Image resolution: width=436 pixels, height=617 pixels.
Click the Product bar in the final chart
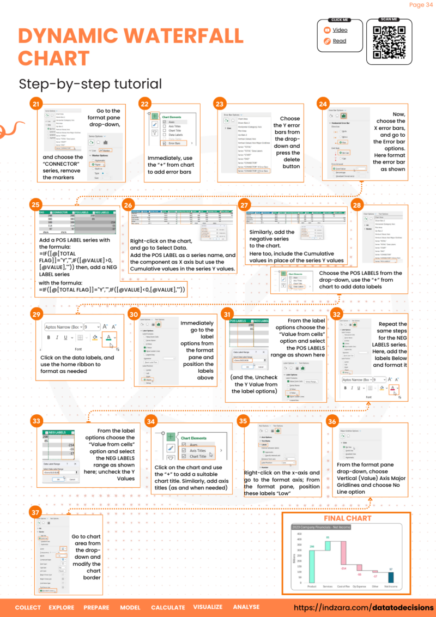pos(312,567)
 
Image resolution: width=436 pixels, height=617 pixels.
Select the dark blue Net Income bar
pos(391,577)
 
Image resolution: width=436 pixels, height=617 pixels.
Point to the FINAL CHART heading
pos(347,518)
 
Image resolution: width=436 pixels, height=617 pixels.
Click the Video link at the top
pos(340,31)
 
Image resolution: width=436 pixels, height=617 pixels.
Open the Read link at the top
pos(340,41)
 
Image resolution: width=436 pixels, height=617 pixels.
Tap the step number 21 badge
pos(37,104)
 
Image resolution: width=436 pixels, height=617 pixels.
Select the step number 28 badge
pos(358,205)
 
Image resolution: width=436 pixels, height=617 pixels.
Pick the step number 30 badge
pos(135,314)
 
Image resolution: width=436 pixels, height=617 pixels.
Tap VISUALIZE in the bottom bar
pos(208,607)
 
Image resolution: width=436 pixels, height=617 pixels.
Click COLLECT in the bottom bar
pos(28,607)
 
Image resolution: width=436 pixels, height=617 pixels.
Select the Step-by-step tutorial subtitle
pos(90,83)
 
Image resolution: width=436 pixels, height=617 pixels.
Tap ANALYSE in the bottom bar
pos(246,607)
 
